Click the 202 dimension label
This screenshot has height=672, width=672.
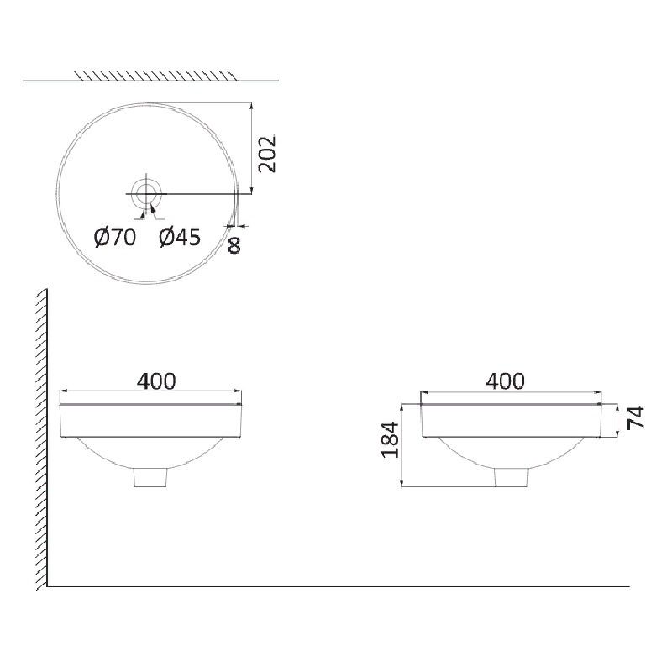267,154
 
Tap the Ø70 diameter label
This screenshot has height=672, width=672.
115,238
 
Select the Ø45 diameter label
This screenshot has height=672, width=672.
180,238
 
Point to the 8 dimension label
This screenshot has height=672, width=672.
234,245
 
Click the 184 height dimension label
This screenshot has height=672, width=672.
391,440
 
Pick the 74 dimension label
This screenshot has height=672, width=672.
636,417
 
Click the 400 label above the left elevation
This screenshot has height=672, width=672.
156,381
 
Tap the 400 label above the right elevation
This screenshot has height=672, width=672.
506,381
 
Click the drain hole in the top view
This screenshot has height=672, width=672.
146,194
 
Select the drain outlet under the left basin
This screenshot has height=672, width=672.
150,477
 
